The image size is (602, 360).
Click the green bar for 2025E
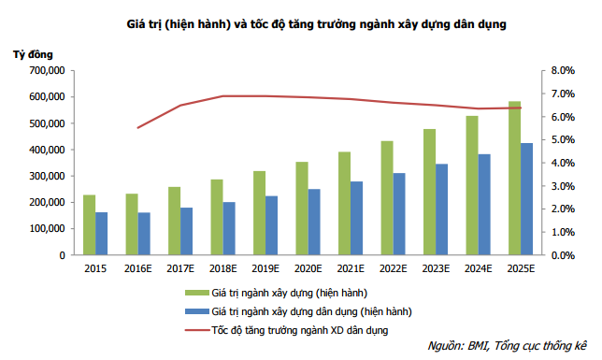(x=515, y=178)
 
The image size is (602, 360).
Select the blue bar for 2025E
(x=527, y=199)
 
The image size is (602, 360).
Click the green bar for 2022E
(x=387, y=197)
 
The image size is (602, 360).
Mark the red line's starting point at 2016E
(x=138, y=127)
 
